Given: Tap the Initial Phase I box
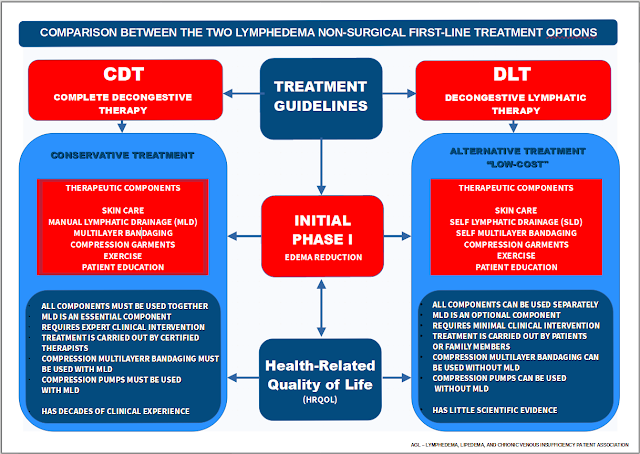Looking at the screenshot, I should (x=320, y=236).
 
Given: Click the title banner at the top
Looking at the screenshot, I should (x=320, y=33).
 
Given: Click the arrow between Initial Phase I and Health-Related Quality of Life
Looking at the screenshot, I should (x=320, y=306).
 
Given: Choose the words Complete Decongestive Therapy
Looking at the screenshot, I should (x=121, y=103).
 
